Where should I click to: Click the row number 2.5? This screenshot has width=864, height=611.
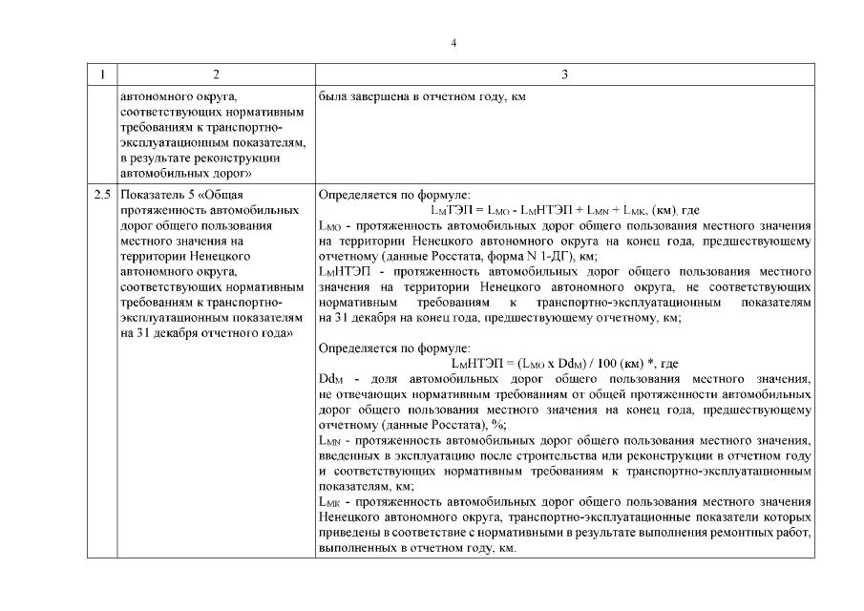[x=102, y=195]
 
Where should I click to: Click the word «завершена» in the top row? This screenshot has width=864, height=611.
[x=375, y=97]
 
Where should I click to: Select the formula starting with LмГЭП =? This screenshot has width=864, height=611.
[x=565, y=210]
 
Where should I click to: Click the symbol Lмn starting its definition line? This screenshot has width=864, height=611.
[x=328, y=441]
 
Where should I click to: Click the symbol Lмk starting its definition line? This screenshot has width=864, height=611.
[x=328, y=502]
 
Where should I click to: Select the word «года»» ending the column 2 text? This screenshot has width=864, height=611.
[x=270, y=332]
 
